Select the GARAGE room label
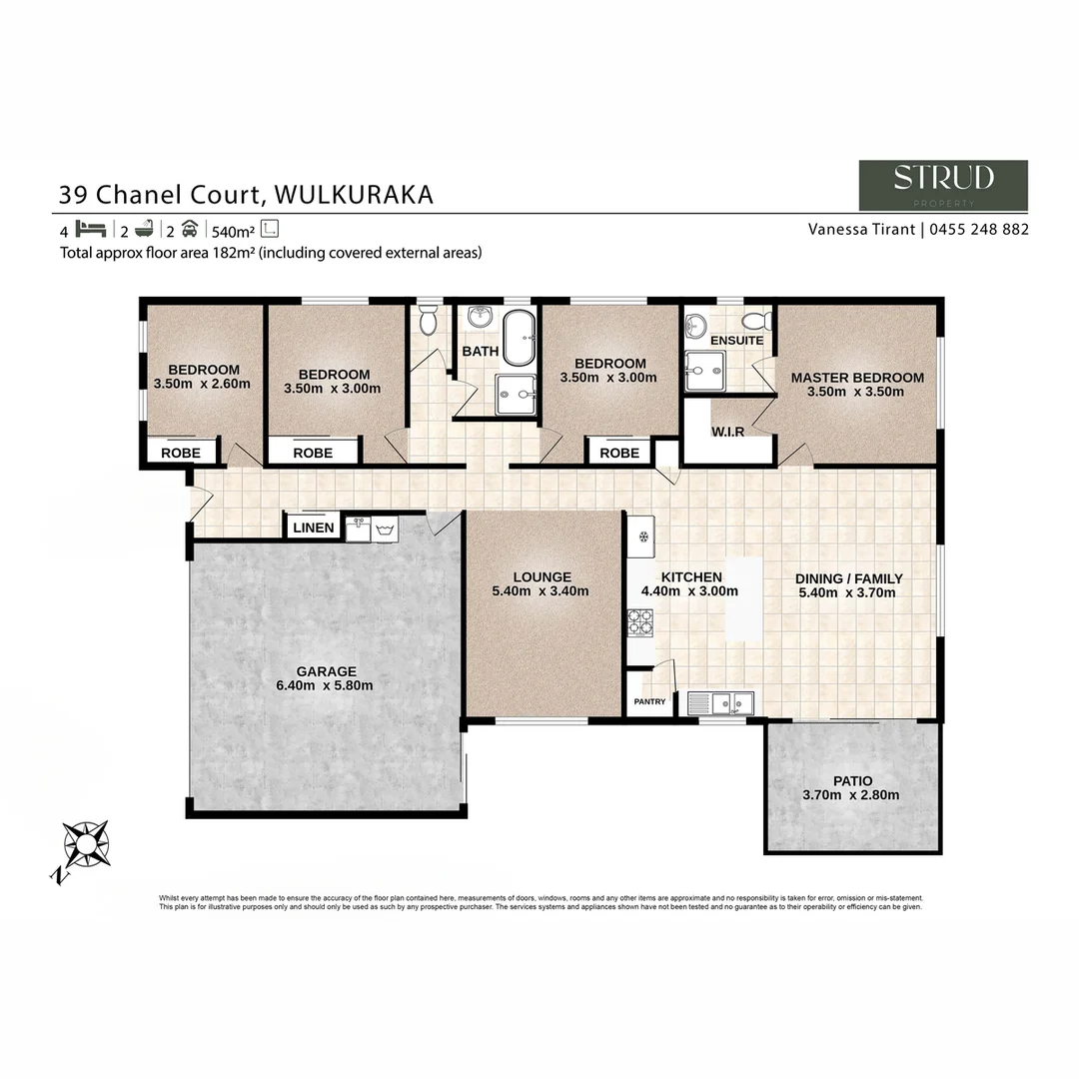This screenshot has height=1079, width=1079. click(x=326, y=671)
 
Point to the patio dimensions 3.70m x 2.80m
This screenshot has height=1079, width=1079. click(x=850, y=795)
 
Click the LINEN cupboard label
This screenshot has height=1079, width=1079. click(x=314, y=528)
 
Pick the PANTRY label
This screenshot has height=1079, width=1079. click(x=649, y=702)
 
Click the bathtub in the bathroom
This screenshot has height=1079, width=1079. click(x=518, y=338)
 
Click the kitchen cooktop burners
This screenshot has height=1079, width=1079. click(x=639, y=623)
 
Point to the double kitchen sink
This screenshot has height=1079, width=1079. click(x=727, y=703)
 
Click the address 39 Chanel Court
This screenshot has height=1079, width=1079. click(x=160, y=194)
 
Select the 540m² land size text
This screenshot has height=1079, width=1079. click(x=232, y=229)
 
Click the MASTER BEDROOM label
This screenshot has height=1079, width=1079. click(x=857, y=378)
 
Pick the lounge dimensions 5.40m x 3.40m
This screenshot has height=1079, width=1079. click(x=540, y=590)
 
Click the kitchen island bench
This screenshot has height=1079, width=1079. click(x=743, y=599)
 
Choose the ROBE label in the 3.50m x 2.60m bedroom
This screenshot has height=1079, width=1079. click(x=181, y=453)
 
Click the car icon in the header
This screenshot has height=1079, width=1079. click(x=190, y=228)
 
